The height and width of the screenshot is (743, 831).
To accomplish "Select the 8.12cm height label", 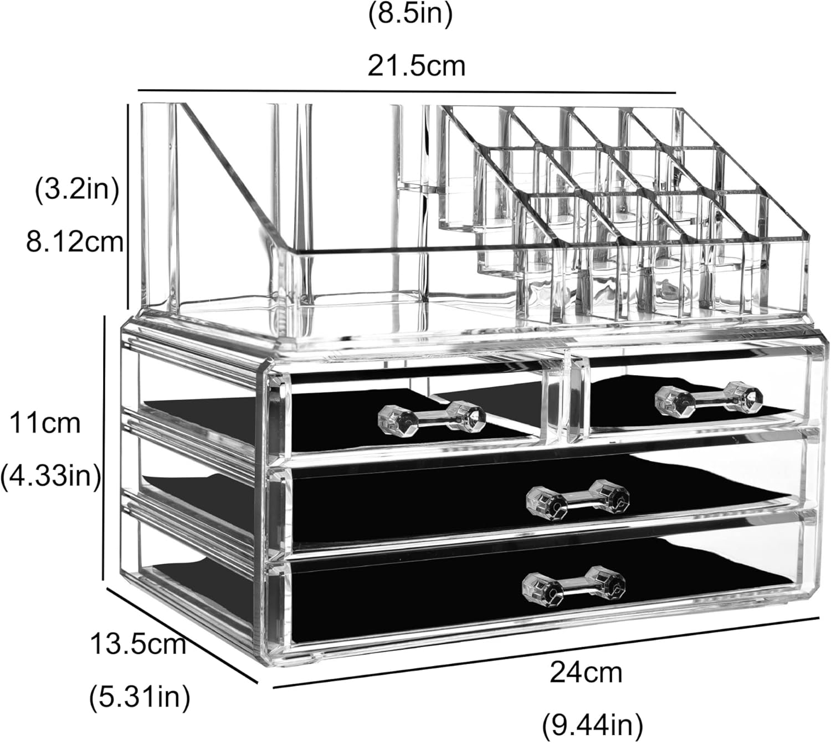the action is pyautogui.click(x=74, y=242).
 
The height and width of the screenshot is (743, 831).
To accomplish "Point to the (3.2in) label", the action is pyautogui.click(x=77, y=191).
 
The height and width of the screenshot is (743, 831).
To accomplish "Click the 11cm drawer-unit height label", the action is pyautogui.click(x=45, y=424).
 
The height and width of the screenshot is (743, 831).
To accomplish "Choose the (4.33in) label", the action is pyautogui.click(x=50, y=475).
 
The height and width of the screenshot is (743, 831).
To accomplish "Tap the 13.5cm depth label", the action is pyautogui.click(x=138, y=644).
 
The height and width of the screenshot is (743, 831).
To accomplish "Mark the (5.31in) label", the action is pyautogui.click(x=140, y=696).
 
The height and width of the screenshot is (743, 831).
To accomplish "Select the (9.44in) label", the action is pyautogui.click(x=592, y=724).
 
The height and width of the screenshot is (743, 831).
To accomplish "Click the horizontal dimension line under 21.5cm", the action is pyautogui.click(x=407, y=91).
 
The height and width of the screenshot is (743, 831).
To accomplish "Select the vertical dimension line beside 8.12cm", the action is pyautogui.click(x=129, y=205).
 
